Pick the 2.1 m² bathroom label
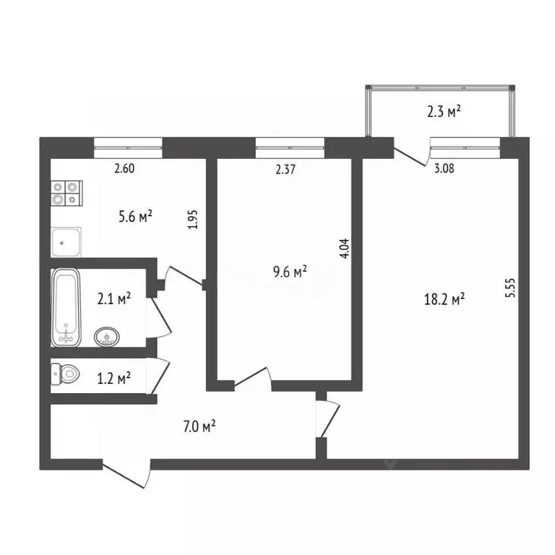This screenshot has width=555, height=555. [113, 298]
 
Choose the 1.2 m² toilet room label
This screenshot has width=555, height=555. [113, 377]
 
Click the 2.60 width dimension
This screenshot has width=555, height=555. [125, 170]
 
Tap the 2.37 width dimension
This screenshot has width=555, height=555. [286, 170]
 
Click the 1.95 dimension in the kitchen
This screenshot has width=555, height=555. [192, 219]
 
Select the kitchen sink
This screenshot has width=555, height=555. [66, 241]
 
